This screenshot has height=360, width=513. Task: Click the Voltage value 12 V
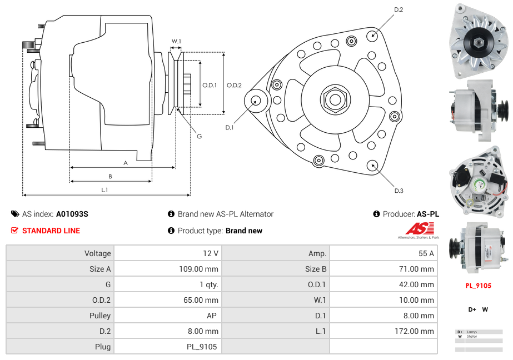(211, 253)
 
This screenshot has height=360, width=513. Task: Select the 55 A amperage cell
(426, 253)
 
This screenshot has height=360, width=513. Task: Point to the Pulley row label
(99, 316)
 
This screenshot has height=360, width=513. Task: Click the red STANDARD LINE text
(51, 231)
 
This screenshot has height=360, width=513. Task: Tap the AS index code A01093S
(72, 214)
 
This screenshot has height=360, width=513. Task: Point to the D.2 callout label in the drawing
(399, 9)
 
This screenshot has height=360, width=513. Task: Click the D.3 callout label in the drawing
(399, 191)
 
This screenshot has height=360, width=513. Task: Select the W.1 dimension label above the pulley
(176, 41)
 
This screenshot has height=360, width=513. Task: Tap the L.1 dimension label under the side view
(104, 190)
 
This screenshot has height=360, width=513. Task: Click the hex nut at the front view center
(335, 99)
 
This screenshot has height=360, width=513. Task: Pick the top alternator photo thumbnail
(479, 41)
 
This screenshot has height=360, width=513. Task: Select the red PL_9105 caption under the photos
(478, 286)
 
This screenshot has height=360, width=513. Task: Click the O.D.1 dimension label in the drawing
(209, 85)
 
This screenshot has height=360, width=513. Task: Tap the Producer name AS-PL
(427, 214)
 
